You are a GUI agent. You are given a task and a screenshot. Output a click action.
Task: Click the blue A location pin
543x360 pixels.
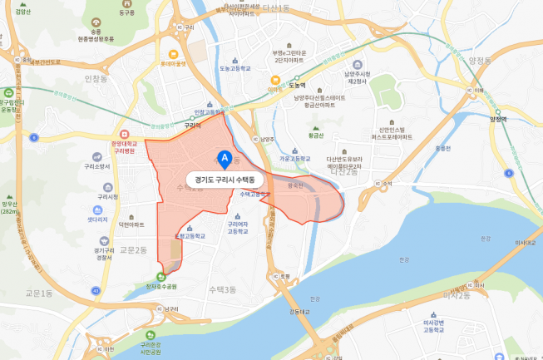pyautogui.click(x=223, y=157)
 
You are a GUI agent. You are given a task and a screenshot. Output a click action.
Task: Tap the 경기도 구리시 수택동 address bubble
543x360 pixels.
pyautogui.click(x=223, y=179)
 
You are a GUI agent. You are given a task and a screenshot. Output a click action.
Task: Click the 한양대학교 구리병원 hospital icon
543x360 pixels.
pyautogui.click(x=124, y=134)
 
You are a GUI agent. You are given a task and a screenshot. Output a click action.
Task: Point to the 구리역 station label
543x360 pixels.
pyautogui.click(x=194, y=126)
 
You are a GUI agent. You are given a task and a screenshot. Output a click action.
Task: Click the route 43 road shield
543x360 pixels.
pyautogui.click(x=96, y=290)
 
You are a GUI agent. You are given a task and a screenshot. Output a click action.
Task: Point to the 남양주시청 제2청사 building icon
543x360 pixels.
pyautogui.click(x=357, y=65)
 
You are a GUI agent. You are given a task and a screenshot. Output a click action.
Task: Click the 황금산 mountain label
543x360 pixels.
pyautogui.click(x=313, y=136)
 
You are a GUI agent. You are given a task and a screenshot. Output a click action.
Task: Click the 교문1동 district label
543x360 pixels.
pyautogui.click(x=38, y=293)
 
